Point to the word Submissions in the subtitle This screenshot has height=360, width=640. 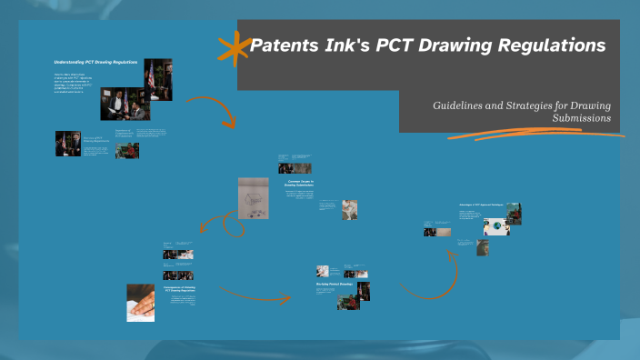coord(581,118)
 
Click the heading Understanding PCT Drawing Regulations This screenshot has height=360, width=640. coord(95,61)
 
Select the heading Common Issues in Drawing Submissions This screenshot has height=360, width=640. coord(299,183)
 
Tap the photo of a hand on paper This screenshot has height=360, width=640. coord(140,302)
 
